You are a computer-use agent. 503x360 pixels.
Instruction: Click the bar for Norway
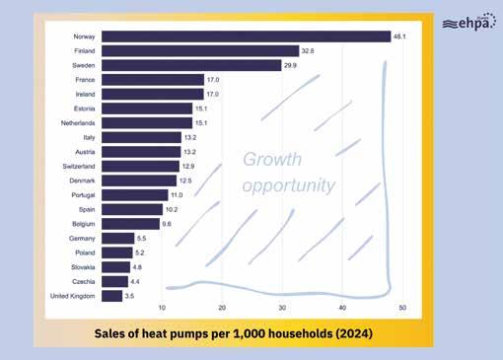coord(247,36)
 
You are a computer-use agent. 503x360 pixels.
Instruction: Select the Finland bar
coord(200,51)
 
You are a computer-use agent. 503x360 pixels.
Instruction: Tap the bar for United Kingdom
coord(111,296)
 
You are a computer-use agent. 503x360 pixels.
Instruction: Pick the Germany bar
coord(118,239)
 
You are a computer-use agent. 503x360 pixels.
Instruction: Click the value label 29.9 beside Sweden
coord(290,65)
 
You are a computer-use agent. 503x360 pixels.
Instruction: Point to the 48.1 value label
coord(399,36)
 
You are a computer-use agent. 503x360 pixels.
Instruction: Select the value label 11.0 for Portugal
coord(177,195)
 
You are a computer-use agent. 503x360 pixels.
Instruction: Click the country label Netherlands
coord(78,123)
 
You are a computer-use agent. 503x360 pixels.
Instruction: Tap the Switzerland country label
coord(79,167)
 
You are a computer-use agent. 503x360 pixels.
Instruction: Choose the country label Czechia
coord(84,281)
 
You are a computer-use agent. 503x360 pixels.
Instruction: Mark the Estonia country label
coord(85,108)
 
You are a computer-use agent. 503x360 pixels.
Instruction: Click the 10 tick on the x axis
coord(162,308)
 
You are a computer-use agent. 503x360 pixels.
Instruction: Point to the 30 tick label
coord(282,308)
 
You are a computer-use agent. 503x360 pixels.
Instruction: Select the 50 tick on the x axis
coord(402,308)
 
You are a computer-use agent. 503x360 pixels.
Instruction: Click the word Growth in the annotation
coord(272,160)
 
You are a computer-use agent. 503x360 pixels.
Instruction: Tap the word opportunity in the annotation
coord(289,185)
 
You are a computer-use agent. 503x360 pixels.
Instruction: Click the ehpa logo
coord(469,22)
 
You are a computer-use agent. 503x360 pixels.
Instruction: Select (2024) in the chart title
coord(354,333)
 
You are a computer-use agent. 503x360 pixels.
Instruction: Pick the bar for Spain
coord(132,209)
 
